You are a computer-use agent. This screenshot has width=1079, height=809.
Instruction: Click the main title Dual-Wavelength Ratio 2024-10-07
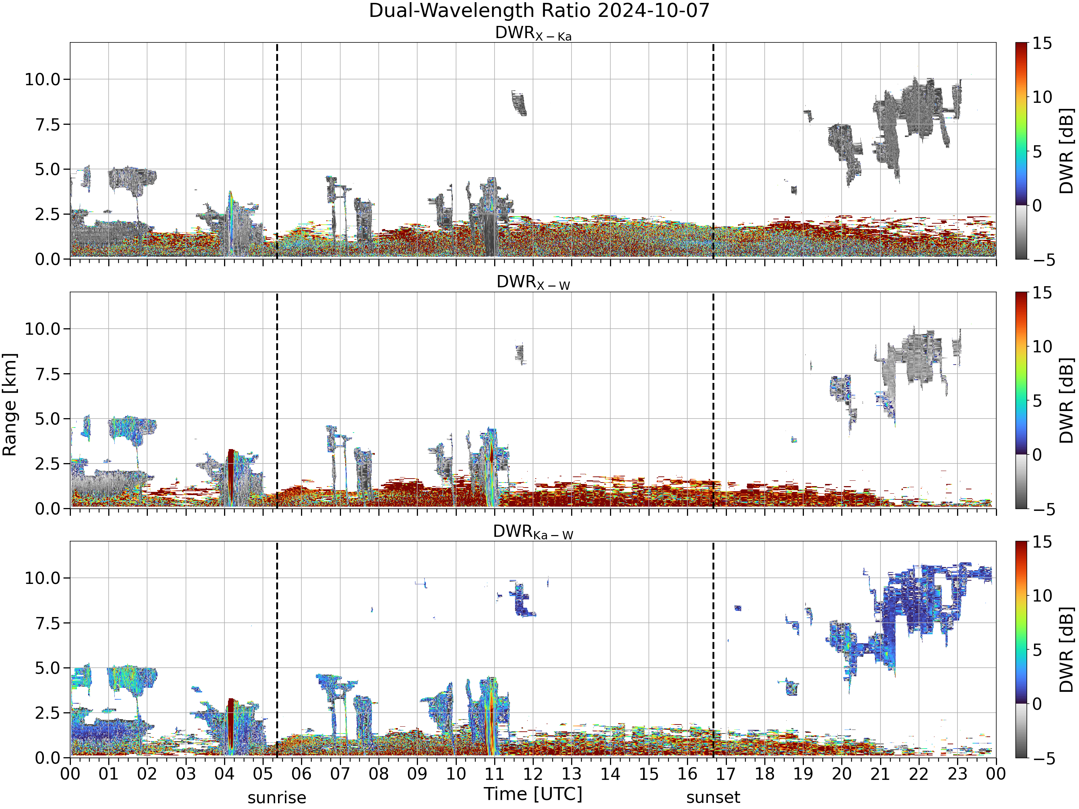539,11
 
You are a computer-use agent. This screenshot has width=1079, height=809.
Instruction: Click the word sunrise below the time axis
277,798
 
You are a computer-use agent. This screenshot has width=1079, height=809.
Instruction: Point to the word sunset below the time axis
713,798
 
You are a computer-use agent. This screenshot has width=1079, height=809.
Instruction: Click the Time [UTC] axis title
533,794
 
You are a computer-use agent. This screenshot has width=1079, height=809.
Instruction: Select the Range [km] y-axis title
10,405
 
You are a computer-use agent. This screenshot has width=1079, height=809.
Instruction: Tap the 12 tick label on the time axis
533,774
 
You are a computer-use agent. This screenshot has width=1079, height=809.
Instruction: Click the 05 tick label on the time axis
263,774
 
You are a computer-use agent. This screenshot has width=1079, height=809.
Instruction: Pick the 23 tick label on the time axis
957,774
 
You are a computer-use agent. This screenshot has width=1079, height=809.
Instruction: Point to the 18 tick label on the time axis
764,774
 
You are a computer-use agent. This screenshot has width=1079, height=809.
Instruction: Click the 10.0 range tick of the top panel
42,79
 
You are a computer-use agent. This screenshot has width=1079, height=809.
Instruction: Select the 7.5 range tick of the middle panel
47,374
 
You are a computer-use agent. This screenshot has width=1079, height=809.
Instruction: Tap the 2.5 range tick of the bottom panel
47,713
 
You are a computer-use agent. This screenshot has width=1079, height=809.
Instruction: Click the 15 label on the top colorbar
1042,44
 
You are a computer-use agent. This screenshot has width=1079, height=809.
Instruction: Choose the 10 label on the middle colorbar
1042,347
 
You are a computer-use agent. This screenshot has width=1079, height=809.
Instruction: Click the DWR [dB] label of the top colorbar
1067,151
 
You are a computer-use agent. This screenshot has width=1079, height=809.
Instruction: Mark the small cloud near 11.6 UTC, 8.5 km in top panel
519,103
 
